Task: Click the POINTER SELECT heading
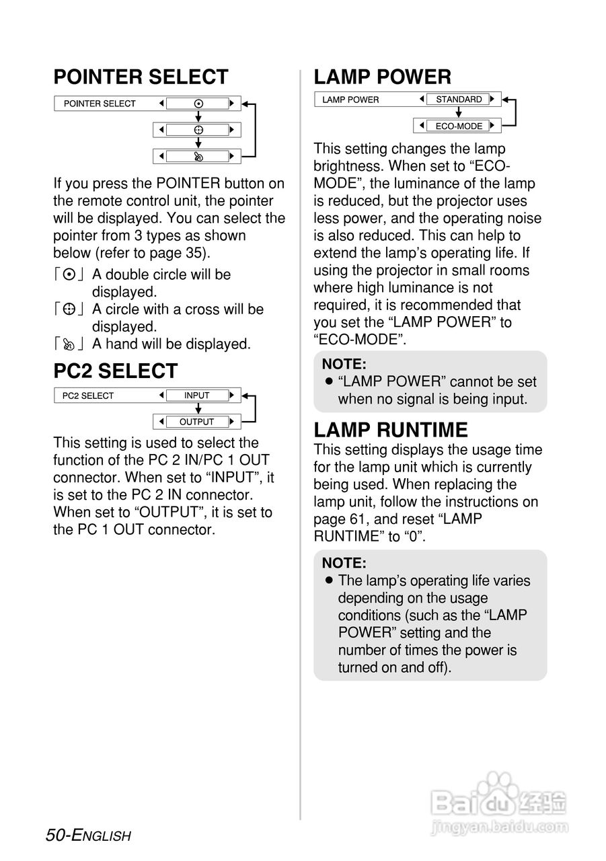coord(141,77)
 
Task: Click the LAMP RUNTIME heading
coord(391,430)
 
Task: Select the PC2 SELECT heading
coord(116,371)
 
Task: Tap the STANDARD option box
coord(459,100)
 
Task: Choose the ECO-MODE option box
coord(459,126)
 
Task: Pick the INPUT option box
coord(197,396)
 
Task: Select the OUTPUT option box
coord(196,422)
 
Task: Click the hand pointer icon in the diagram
coord(198,156)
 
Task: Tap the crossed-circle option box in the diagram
coord(198,130)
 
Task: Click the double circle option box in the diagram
coord(198,104)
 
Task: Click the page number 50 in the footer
coord(55,835)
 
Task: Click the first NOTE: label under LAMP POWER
coord(344,365)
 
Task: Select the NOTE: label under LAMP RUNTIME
coord(344,563)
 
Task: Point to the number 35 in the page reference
coord(194,253)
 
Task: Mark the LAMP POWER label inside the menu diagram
coord(350,100)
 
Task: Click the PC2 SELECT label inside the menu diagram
coord(88,396)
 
